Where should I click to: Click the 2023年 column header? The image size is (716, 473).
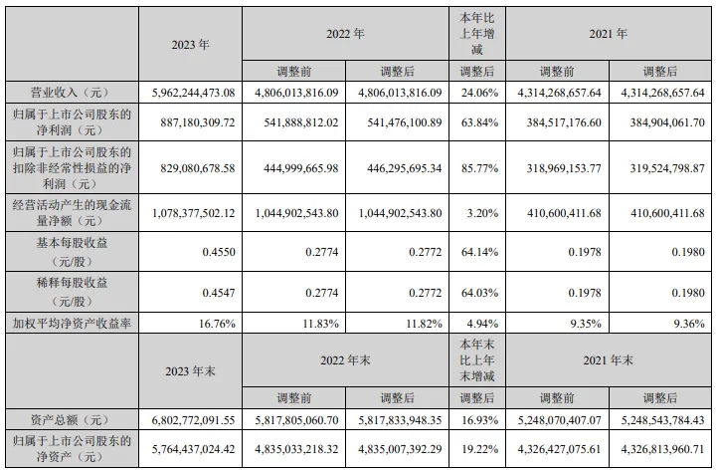pos(190,44)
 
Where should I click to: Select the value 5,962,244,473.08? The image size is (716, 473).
pos(190,93)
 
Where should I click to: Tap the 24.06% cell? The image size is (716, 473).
pos(477,93)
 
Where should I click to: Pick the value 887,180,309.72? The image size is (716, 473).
pos(190,122)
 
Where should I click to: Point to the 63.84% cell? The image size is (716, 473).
pos(477,122)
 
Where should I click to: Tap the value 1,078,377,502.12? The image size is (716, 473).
pos(190,211)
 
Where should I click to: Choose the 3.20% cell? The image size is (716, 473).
pos(479,211)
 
